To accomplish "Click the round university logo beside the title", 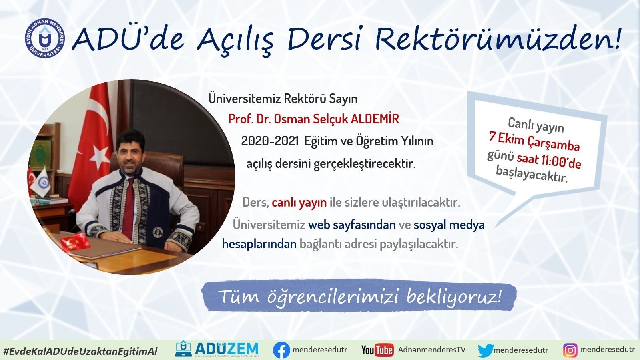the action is (x=45, y=38).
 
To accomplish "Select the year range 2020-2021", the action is (x=270, y=141).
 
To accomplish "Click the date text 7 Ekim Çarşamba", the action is (x=534, y=141).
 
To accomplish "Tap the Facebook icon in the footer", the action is (x=281, y=350).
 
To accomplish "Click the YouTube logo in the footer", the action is (x=377, y=350).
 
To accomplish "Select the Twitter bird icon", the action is (x=486, y=350).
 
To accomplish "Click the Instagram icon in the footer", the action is (x=570, y=350).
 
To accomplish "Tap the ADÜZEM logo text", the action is (x=227, y=348).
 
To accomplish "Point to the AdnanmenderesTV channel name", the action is (x=432, y=350).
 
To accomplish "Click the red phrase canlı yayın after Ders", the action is (x=299, y=203).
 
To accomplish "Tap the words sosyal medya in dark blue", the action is (x=449, y=225).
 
